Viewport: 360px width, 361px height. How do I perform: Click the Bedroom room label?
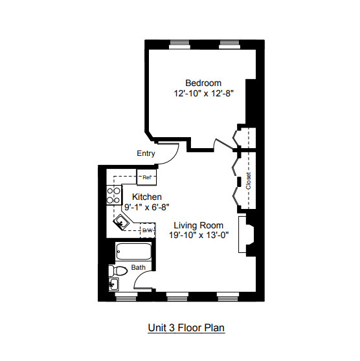[x=203, y=83]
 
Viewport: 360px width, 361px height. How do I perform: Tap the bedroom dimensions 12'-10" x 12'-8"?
[x=203, y=94]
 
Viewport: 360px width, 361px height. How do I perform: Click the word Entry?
[x=146, y=153]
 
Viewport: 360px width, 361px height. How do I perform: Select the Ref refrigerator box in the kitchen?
[x=146, y=177]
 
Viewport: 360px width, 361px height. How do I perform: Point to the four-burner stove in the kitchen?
[x=114, y=194]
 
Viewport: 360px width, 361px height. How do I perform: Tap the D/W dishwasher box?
[x=146, y=230]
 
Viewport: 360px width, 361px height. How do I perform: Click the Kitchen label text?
[x=146, y=197]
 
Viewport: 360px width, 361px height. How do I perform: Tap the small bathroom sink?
[x=114, y=285]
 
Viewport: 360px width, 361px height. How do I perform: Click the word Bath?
[x=139, y=267]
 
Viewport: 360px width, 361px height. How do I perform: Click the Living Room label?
[x=198, y=226]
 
